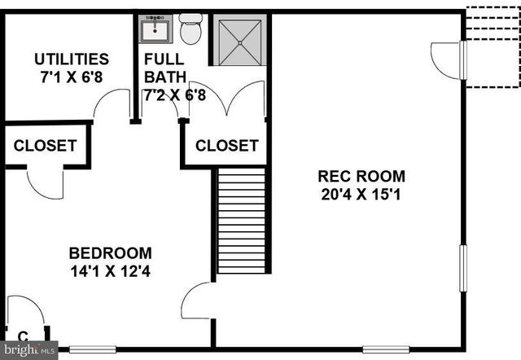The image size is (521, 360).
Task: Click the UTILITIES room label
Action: pos(71,59)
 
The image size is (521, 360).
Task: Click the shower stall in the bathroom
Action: pos(241,40)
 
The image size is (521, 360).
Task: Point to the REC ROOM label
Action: pos(361,176)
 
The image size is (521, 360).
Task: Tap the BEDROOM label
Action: pos(110,252)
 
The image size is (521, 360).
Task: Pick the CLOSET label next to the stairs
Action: pos(226,146)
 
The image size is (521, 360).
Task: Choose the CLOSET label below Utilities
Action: pos(45,146)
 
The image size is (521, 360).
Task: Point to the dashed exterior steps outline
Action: pos(493,46)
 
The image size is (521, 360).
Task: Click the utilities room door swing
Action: pos(111,103)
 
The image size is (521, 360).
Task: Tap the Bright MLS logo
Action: pos(30,349)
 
